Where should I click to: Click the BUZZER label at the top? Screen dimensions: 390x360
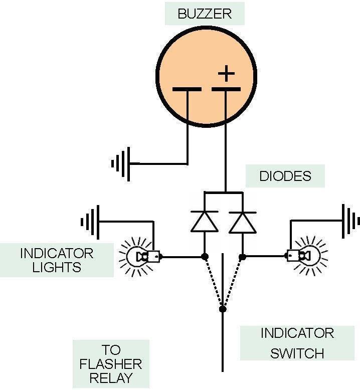(x=205, y=14)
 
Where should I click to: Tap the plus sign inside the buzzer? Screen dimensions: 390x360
(x=226, y=74)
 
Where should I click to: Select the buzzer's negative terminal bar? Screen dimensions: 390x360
(x=187, y=90)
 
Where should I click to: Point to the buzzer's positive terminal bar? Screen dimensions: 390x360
(x=226, y=90)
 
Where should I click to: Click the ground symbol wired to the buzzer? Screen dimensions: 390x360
(x=120, y=163)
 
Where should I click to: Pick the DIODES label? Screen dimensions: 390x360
(x=285, y=176)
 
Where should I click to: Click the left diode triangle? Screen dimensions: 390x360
(x=204, y=222)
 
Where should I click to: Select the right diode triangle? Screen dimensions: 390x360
(x=242, y=222)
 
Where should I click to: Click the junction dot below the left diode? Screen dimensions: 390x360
(x=205, y=257)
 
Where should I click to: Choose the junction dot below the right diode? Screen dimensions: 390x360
(x=242, y=257)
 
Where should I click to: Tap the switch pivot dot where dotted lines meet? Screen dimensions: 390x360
(x=223, y=309)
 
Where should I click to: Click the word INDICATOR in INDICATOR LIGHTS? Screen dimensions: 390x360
(x=57, y=253)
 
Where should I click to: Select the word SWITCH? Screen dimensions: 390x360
(x=297, y=353)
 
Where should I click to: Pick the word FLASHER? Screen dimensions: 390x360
(x=111, y=363)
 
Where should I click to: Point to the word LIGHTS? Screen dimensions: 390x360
(x=57, y=267)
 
